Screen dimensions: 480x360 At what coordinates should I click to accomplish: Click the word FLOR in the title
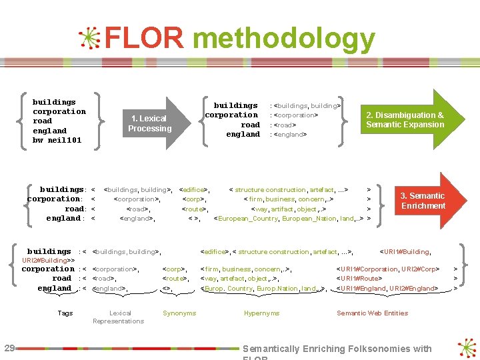(143, 39)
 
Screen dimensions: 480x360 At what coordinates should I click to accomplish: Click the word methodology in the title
(283, 40)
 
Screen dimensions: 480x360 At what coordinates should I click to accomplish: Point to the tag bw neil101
(57, 140)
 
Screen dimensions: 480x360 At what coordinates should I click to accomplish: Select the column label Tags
(65, 313)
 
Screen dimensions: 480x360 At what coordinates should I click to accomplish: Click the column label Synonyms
(179, 313)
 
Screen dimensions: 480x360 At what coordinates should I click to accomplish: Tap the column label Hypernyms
(261, 313)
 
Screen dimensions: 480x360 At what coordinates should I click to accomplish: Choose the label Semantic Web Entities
(372, 313)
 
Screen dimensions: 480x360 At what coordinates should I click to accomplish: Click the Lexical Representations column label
(119, 317)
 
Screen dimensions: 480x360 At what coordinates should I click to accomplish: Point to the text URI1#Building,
(405, 251)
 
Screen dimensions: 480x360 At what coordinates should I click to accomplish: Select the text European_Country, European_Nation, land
(287, 218)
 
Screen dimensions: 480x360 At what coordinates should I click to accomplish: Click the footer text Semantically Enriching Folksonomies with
(337, 349)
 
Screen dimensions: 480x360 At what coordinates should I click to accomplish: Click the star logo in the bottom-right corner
(467, 348)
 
